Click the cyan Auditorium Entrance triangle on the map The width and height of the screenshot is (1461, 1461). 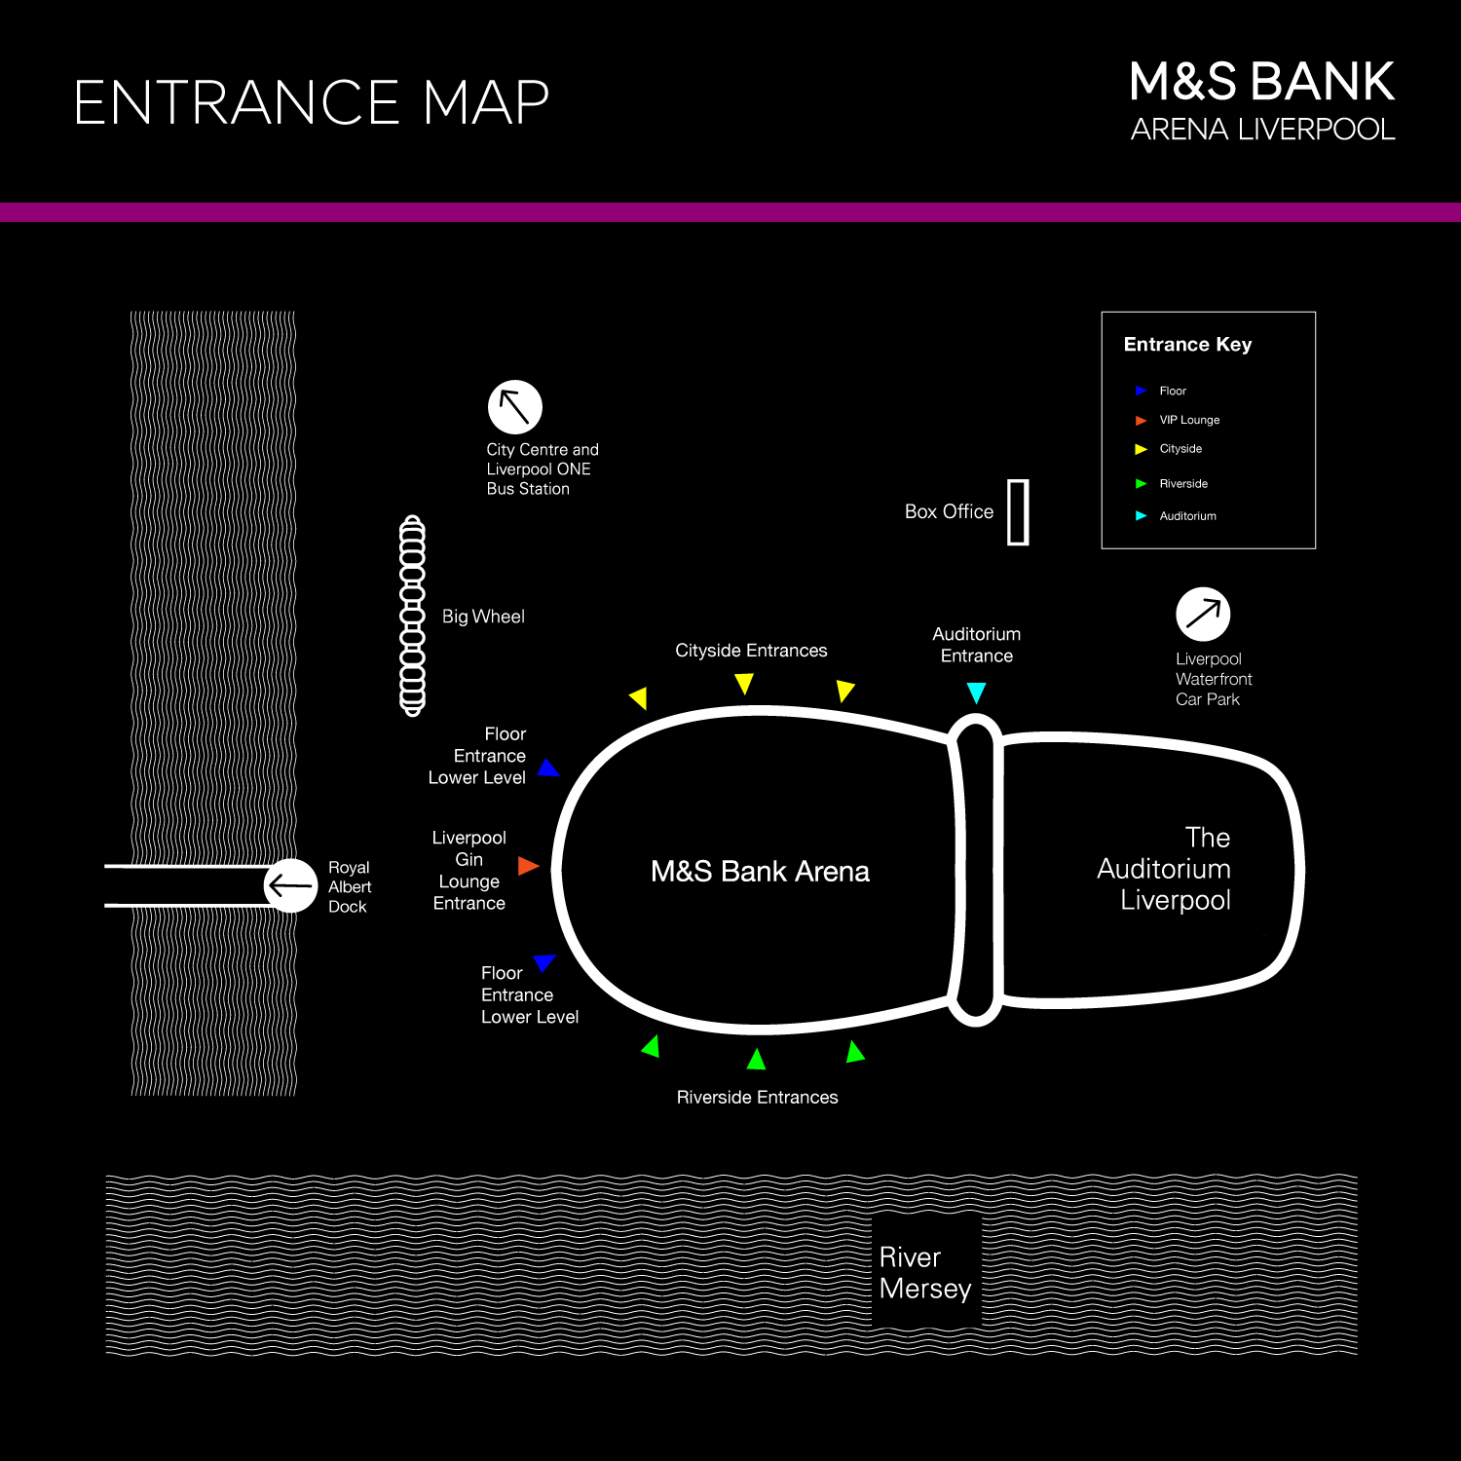click(976, 693)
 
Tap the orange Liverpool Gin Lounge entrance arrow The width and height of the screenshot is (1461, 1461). click(528, 865)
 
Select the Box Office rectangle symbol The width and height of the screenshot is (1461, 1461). click(1018, 511)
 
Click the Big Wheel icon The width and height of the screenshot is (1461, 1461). click(413, 616)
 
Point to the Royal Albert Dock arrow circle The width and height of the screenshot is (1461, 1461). click(290, 885)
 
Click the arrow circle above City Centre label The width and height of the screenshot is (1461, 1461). click(514, 407)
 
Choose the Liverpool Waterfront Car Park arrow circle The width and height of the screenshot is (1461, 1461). click(1203, 615)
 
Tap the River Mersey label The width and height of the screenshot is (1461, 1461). click(924, 1272)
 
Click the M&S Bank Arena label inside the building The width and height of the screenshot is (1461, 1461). click(760, 871)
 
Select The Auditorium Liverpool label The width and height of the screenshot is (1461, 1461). click(1165, 869)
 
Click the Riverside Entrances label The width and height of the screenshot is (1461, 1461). click(757, 1098)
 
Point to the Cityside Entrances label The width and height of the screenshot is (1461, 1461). click(751, 651)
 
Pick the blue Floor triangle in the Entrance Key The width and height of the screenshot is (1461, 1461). click(1141, 391)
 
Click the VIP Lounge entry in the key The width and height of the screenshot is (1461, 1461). click(1188, 420)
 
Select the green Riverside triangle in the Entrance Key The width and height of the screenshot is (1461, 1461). click(1141, 483)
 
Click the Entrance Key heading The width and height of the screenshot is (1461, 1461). click(1187, 344)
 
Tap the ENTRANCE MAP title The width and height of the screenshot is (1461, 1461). click(312, 102)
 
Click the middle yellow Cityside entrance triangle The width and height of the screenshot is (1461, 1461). click(744, 684)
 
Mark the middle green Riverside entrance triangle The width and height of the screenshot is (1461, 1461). click(756, 1059)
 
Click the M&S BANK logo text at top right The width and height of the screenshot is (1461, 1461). click(1261, 82)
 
